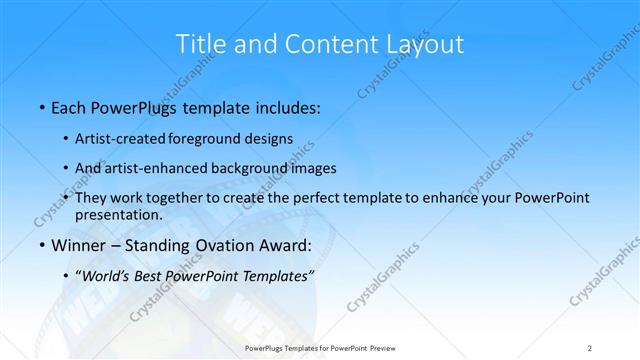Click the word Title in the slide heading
[x=198, y=44]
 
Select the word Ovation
[x=222, y=245]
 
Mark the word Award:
[x=286, y=245]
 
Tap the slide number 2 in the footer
[x=590, y=347]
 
